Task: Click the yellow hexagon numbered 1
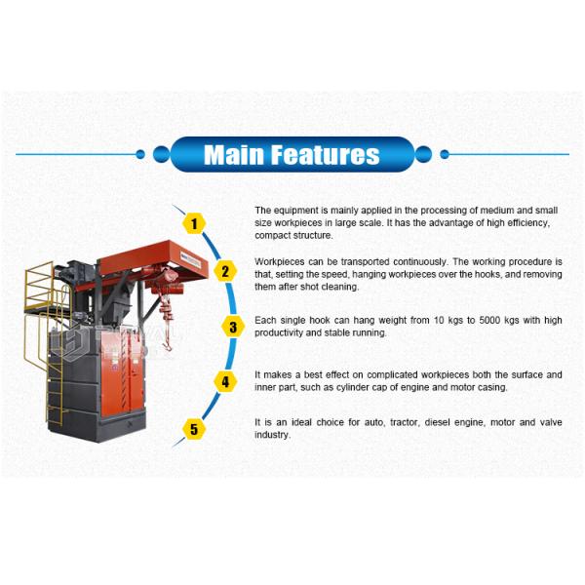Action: pos(194,223)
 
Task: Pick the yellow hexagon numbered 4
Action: pos(223,381)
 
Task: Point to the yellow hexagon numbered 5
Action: pos(194,429)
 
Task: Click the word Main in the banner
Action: pos(234,154)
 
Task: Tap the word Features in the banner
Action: pos(326,154)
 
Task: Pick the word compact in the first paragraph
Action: pos(269,236)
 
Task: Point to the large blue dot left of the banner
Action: pos(161,153)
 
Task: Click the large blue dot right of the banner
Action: pos(423,153)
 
